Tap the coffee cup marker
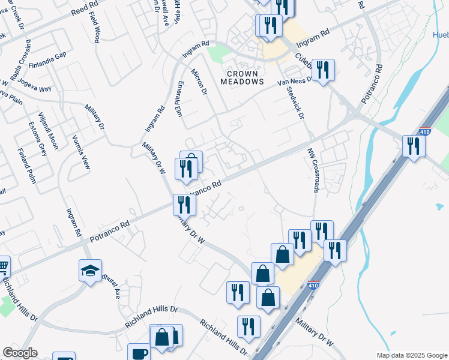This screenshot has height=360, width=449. pyautogui.click(x=139, y=353)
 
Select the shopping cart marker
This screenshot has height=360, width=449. pyautogui.click(x=2, y=265)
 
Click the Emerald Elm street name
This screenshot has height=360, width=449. pyautogui.click(x=178, y=98)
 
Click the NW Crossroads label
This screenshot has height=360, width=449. pyautogui.click(x=313, y=172)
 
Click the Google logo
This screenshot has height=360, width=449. pyautogui.click(x=20, y=353)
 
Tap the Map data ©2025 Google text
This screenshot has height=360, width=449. pyautogui.click(x=411, y=355)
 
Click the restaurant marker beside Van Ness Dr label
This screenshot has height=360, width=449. pyautogui.click(x=323, y=70)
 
